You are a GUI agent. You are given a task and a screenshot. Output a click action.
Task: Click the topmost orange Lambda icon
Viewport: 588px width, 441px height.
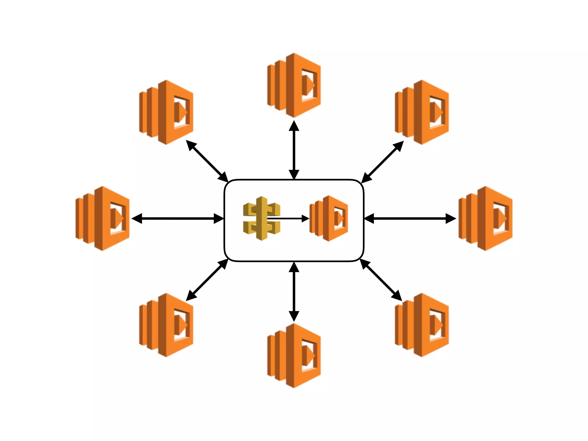pos(294,85)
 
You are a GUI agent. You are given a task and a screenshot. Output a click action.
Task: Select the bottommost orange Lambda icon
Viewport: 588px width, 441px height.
pos(294,356)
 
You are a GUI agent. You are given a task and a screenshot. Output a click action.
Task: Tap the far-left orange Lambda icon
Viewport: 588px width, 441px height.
pos(102,218)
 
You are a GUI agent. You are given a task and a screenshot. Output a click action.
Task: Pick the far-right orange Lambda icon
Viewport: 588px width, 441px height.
pos(486,218)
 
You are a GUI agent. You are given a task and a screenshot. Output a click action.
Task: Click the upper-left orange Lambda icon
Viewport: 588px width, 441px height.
pos(166,112)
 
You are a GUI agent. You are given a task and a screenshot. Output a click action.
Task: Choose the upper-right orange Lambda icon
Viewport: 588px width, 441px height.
pos(422,112)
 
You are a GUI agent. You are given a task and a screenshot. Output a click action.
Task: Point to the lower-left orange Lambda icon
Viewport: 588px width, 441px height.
pos(166,325)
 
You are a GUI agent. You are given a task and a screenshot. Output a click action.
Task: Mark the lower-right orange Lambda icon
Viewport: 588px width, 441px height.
pos(422,325)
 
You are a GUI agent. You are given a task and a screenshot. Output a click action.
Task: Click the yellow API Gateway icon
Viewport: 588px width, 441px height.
pos(261,218)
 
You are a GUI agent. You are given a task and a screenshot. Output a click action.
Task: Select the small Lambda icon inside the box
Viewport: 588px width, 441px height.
pos(329,218)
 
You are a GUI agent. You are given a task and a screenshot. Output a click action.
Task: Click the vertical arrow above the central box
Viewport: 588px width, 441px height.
pos(294,150)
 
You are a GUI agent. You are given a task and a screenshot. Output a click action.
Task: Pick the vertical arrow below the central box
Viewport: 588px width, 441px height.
pos(294,291)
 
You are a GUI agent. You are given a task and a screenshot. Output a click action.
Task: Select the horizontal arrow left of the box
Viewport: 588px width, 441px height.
pos(177,218)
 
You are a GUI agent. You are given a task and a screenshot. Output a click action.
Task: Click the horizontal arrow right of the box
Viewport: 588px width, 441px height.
pos(410,218)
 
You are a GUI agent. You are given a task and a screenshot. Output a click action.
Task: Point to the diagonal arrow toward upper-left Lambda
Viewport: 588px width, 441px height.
pos(207,161)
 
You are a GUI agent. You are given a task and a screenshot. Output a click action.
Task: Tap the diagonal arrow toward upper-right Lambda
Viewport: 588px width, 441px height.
pos(382,162)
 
